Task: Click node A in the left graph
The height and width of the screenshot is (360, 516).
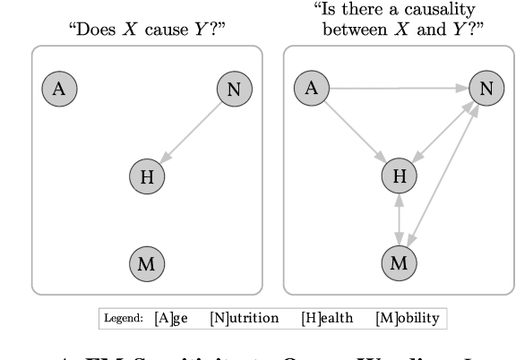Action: [60, 88]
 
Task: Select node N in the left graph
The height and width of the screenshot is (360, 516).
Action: [236, 88]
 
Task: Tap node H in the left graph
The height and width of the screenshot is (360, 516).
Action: [148, 176]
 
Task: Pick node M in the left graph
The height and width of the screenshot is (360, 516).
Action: [148, 262]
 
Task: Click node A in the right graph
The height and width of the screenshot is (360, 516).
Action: [312, 88]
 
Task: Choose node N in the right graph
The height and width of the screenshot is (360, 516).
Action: [486, 88]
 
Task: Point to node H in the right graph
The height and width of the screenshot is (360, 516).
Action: [400, 176]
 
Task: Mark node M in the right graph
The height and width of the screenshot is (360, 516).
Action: [400, 262]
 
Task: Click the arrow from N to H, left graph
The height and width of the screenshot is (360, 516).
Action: [192, 132]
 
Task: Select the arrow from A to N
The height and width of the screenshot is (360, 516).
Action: [399, 88]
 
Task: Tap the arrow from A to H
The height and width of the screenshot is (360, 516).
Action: [356, 132]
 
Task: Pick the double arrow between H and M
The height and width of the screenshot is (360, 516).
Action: [400, 219]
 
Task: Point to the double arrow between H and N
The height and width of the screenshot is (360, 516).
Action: [443, 133]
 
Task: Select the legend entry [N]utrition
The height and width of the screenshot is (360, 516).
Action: [244, 318]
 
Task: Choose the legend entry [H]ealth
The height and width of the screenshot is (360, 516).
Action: [328, 318]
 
